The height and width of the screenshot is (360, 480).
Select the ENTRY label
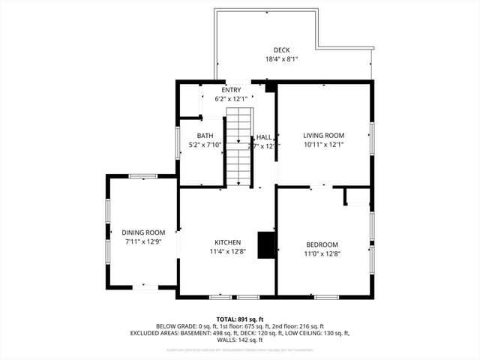tap(231, 90)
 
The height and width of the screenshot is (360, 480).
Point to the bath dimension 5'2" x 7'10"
tap(205, 145)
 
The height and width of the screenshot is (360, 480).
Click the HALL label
tap(264, 137)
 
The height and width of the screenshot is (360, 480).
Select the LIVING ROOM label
tap(324, 136)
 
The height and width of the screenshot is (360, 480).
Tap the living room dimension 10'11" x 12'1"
tap(324, 145)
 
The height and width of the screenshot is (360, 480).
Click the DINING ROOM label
tap(143, 232)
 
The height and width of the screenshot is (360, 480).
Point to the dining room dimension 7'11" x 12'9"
tap(143, 241)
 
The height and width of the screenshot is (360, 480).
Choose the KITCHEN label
tap(227, 242)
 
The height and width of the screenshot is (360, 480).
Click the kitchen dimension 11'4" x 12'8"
tap(227, 251)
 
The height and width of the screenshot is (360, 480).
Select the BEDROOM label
tap(322, 244)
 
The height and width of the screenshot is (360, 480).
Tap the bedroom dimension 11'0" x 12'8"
tap(322, 253)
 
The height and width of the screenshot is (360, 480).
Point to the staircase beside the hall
tap(239, 148)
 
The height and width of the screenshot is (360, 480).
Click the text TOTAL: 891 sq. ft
tap(239, 319)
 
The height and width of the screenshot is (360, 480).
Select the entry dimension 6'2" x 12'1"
tap(231, 99)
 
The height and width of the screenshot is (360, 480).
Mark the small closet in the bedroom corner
tap(358, 196)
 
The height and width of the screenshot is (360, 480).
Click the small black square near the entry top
tap(271, 88)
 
